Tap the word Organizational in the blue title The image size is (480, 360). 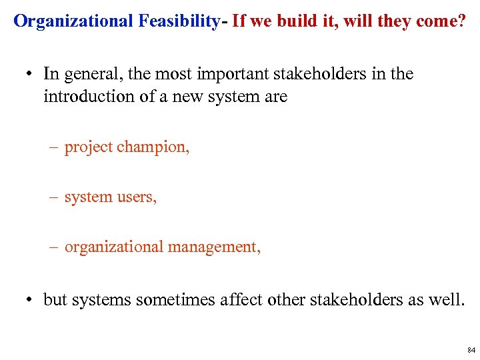pyautogui.click(x=73, y=21)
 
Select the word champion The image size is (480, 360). pyautogui.click(x=153, y=147)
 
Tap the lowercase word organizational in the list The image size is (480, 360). pyautogui.click(x=114, y=247)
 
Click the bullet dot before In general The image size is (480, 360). pyautogui.click(x=32, y=75)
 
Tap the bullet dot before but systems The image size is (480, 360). pyautogui.click(x=32, y=300)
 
